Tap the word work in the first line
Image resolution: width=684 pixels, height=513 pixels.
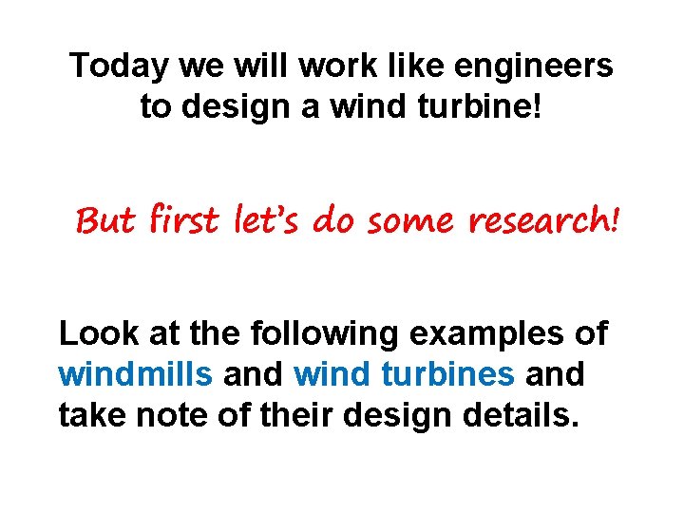pyautogui.click(x=326, y=66)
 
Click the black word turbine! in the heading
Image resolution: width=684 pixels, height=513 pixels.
pyautogui.click(x=487, y=106)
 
